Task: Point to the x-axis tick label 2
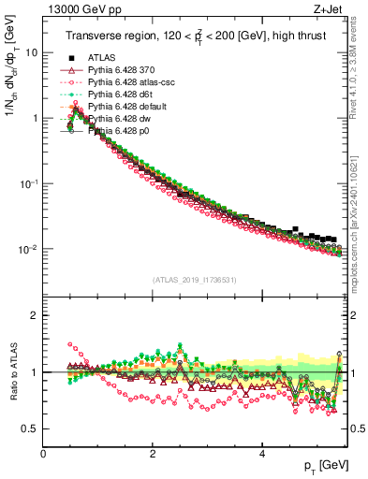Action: click(x=153, y=454)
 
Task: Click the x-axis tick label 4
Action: click(x=261, y=454)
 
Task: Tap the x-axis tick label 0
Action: click(x=44, y=454)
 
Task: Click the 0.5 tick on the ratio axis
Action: click(x=31, y=429)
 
